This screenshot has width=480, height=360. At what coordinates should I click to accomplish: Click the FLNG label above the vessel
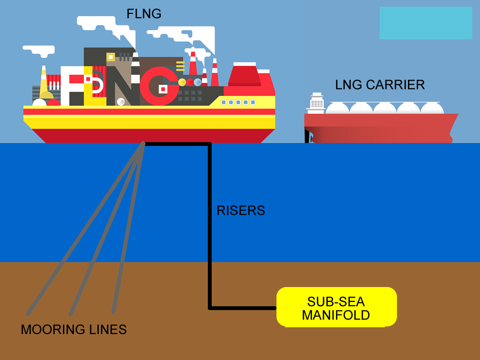pos(144,14)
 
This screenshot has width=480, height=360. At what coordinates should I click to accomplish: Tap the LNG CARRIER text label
pos(380,85)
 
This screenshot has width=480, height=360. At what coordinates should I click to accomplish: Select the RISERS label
pos(240,210)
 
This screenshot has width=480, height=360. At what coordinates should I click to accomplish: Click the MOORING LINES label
pos(73,330)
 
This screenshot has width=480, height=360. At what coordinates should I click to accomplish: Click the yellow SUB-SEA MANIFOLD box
pos(336,307)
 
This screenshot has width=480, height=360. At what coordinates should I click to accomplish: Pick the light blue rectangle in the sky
pos(426,23)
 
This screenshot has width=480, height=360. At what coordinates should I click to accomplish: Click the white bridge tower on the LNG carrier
pos(316,102)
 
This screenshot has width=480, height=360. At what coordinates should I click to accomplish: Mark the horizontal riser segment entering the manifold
pos(242,307)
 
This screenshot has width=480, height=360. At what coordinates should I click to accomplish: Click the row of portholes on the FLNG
pos(238,102)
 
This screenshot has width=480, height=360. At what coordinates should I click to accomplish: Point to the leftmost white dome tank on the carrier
pos(337,108)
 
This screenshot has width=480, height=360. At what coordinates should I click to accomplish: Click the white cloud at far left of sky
pos(38,50)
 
